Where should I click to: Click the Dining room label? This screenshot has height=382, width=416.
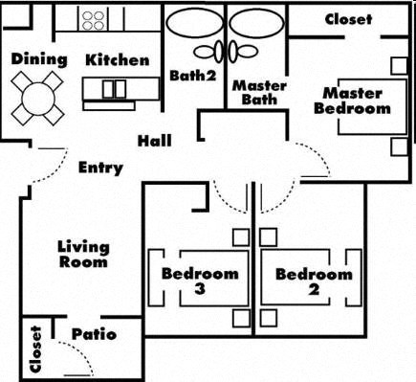pos(39,59)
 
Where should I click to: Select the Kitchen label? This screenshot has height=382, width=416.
pos(117,60)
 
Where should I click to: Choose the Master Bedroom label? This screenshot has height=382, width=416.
pos(353,101)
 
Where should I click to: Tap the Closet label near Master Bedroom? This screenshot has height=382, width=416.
pos(348,19)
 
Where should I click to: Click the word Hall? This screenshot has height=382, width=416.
pos(154,141)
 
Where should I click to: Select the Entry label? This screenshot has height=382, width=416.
pos(100,169)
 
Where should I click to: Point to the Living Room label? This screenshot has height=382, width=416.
pos(83,254)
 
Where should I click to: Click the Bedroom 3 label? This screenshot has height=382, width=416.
pos(199,281)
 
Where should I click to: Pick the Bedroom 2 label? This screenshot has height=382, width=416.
pos(314,281)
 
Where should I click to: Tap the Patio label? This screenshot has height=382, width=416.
pos(94,334)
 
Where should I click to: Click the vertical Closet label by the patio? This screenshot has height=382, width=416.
pos(36,348)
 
